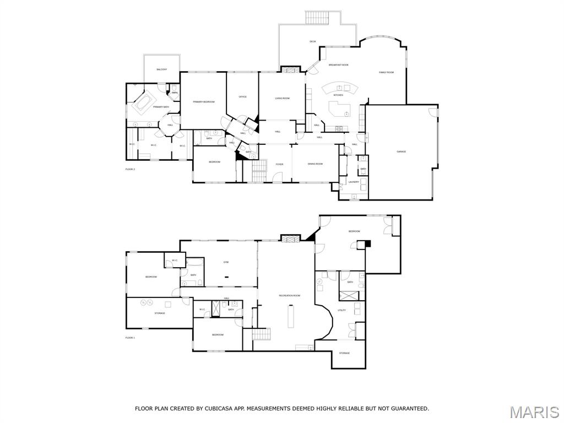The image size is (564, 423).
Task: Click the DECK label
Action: (x=313, y=42)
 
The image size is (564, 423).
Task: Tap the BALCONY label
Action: (x=161, y=69)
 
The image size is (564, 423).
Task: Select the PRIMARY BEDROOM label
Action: (x=203, y=102)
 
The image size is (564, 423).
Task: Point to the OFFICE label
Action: (x=242, y=97)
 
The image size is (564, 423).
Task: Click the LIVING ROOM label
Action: (x=283, y=99)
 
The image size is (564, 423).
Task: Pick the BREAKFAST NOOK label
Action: (x=338, y=65)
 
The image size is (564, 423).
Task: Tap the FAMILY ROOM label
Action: (x=386, y=73)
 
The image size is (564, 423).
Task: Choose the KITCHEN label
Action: (x=338, y=95)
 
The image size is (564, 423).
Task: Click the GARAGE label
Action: (x=402, y=151)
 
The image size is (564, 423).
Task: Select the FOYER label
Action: (x=280, y=164)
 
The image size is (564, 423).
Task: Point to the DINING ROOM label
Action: (x=315, y=164)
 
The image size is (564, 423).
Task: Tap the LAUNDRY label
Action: (x=353, y=182)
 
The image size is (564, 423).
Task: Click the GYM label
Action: (x=226, y=262)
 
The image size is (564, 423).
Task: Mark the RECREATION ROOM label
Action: (x=289, y=296)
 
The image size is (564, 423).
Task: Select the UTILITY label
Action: (x=341, y=311)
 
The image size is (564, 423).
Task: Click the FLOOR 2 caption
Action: (x=130, y=169)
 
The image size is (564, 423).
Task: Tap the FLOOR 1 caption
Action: (x=130, y=337)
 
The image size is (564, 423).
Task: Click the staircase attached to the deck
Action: (x=317, y=17)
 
